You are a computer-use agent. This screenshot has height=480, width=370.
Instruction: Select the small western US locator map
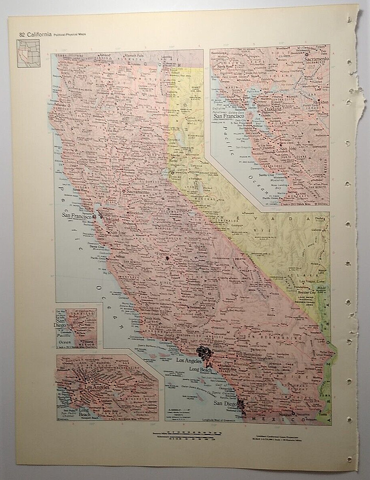[x=29, y=53]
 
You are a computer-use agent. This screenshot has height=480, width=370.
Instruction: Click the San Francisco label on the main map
[x=77, y=215]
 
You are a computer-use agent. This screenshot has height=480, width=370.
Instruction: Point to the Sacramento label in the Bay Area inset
[x=316, y=59]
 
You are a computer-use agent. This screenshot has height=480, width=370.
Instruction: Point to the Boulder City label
[x=307, y=293]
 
